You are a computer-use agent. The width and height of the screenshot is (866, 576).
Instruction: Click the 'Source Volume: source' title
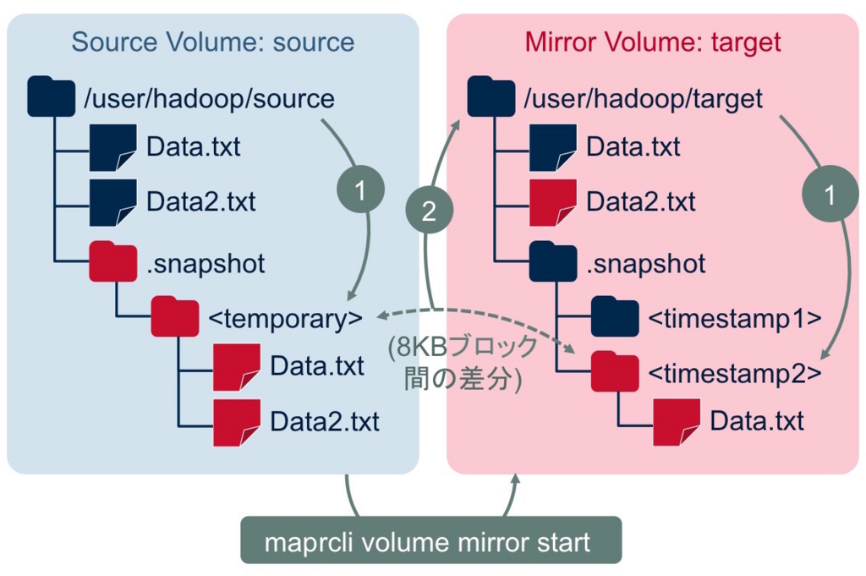click(x=212, y=42)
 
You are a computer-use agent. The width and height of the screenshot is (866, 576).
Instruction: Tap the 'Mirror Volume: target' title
click(x=652, y=42)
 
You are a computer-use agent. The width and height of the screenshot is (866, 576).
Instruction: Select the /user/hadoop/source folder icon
click(x=52, y=97)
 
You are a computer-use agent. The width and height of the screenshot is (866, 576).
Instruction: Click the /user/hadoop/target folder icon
click(x=491, y=97)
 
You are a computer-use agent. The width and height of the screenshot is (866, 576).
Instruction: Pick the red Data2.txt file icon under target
click(x=552, y=202)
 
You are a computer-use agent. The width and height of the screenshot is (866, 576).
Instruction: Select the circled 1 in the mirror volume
click(x=829, y=195)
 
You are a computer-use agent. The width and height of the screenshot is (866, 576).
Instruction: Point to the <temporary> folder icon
click(x=175, y=317)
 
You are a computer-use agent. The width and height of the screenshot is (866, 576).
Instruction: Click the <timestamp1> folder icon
click(x=615, y=317)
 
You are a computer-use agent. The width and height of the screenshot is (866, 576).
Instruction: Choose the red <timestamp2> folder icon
click(x=615, y=371)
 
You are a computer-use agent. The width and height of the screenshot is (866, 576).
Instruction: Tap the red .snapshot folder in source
click(x=113, y=263)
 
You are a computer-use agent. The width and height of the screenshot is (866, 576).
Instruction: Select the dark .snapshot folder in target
click(x=553, y=263)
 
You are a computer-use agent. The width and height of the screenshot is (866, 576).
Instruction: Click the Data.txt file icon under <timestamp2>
click(x=677, y=420)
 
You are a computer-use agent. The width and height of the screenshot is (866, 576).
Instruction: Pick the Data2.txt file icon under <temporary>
click(x=237, y=420)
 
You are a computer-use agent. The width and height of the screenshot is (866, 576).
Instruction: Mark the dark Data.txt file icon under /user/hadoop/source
click(x=113, y=146)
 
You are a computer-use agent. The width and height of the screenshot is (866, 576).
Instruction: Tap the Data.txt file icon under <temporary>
click(x=237, y=365)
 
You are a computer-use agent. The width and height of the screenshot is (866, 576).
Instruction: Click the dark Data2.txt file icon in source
click(x=113, y=202)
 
